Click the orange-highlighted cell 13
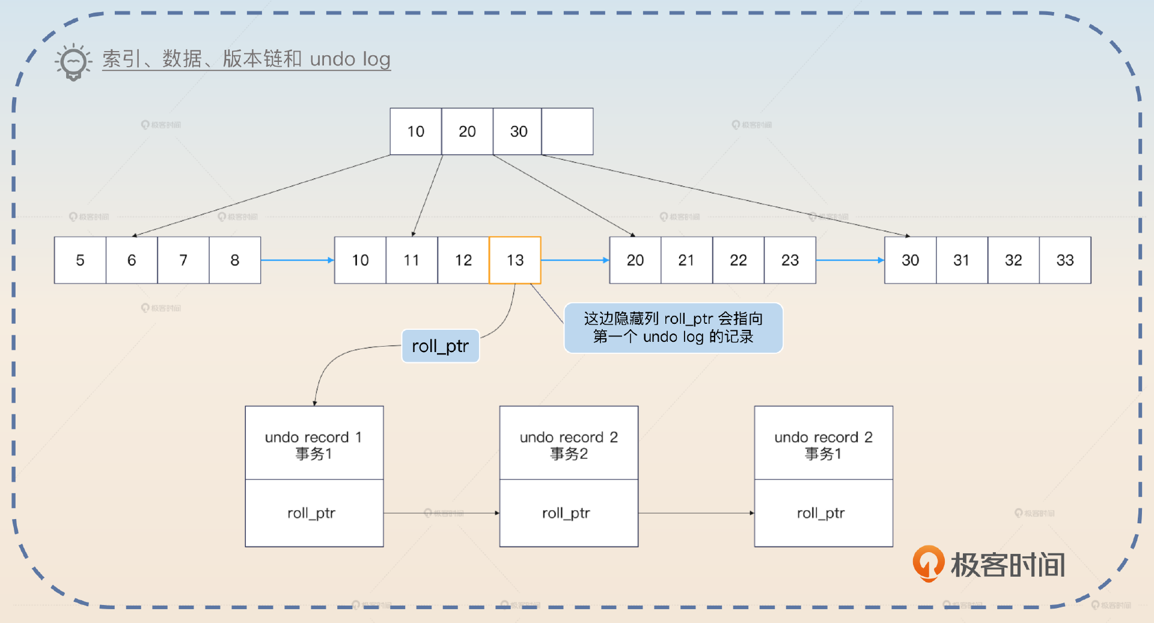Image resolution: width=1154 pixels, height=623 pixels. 515,260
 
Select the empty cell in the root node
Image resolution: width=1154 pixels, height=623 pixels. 567,132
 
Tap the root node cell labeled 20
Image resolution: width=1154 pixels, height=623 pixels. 467,132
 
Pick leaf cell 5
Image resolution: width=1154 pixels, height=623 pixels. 80,260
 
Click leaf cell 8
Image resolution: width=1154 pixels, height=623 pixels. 234,260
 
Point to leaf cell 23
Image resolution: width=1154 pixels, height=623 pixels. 790,260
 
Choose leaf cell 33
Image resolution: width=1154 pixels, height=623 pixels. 1065,260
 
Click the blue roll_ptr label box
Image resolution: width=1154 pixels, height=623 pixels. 440,346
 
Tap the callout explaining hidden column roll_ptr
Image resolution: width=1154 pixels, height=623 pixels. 673,327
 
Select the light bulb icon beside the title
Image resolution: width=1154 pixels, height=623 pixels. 73,61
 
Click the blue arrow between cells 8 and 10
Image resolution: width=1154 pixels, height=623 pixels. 297,260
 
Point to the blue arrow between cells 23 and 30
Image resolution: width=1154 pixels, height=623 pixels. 850,260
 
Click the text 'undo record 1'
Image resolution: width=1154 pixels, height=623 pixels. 313,437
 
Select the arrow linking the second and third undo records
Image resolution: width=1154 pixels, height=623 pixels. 696,513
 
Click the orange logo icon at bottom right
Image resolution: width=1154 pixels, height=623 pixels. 927,563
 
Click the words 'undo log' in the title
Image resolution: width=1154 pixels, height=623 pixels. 350,59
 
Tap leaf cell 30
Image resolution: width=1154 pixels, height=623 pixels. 910,260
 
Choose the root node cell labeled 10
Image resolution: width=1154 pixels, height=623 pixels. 415,132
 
